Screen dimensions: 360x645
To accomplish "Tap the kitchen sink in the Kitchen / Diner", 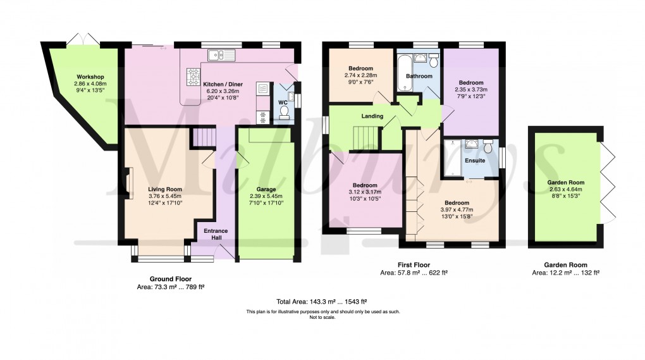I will click(x=221, y=56).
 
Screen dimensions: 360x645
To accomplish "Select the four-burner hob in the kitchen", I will click(x=192, y=78).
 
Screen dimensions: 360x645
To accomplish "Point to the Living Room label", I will click(x=165, y=189).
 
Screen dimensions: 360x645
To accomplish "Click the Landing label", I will click(x=354, y=116).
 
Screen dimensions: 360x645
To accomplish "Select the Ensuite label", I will click(x=475, y=161).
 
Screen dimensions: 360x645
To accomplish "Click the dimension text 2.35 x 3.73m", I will click(x=471, y=90).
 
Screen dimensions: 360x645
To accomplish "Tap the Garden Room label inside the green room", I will click(x=564, y=182).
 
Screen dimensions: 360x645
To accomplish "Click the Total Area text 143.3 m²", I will click(x=322, y=302).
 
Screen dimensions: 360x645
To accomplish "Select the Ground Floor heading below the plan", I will click(x=170, y=279).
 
